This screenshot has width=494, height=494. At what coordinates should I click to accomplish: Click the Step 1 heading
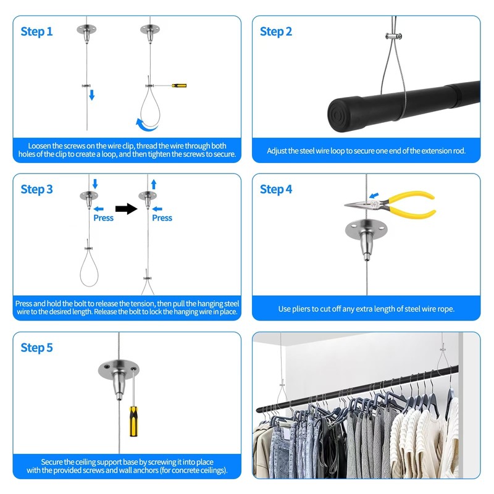[x=37, y=31]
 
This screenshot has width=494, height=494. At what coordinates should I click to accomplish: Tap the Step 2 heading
[x=276, y=31]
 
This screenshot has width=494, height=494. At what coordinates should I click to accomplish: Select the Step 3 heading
[x=37, y=190]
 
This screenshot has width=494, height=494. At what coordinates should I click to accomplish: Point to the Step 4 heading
[x=276, y=190]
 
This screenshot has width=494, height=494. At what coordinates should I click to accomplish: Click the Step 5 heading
[x=37, y=348]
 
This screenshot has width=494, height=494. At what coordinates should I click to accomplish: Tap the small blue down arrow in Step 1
[x=91, y=94]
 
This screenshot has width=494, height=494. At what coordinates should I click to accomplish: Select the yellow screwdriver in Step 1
[x=179, y=85]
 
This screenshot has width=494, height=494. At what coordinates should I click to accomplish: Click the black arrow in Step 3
[x=125, y=209]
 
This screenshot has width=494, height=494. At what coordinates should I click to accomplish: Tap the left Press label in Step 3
[x=103, y=218]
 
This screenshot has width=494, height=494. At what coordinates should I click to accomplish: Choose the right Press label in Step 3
[x=162, y=218]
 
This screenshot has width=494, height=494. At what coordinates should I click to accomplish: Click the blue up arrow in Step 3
[x=153, y=183]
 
